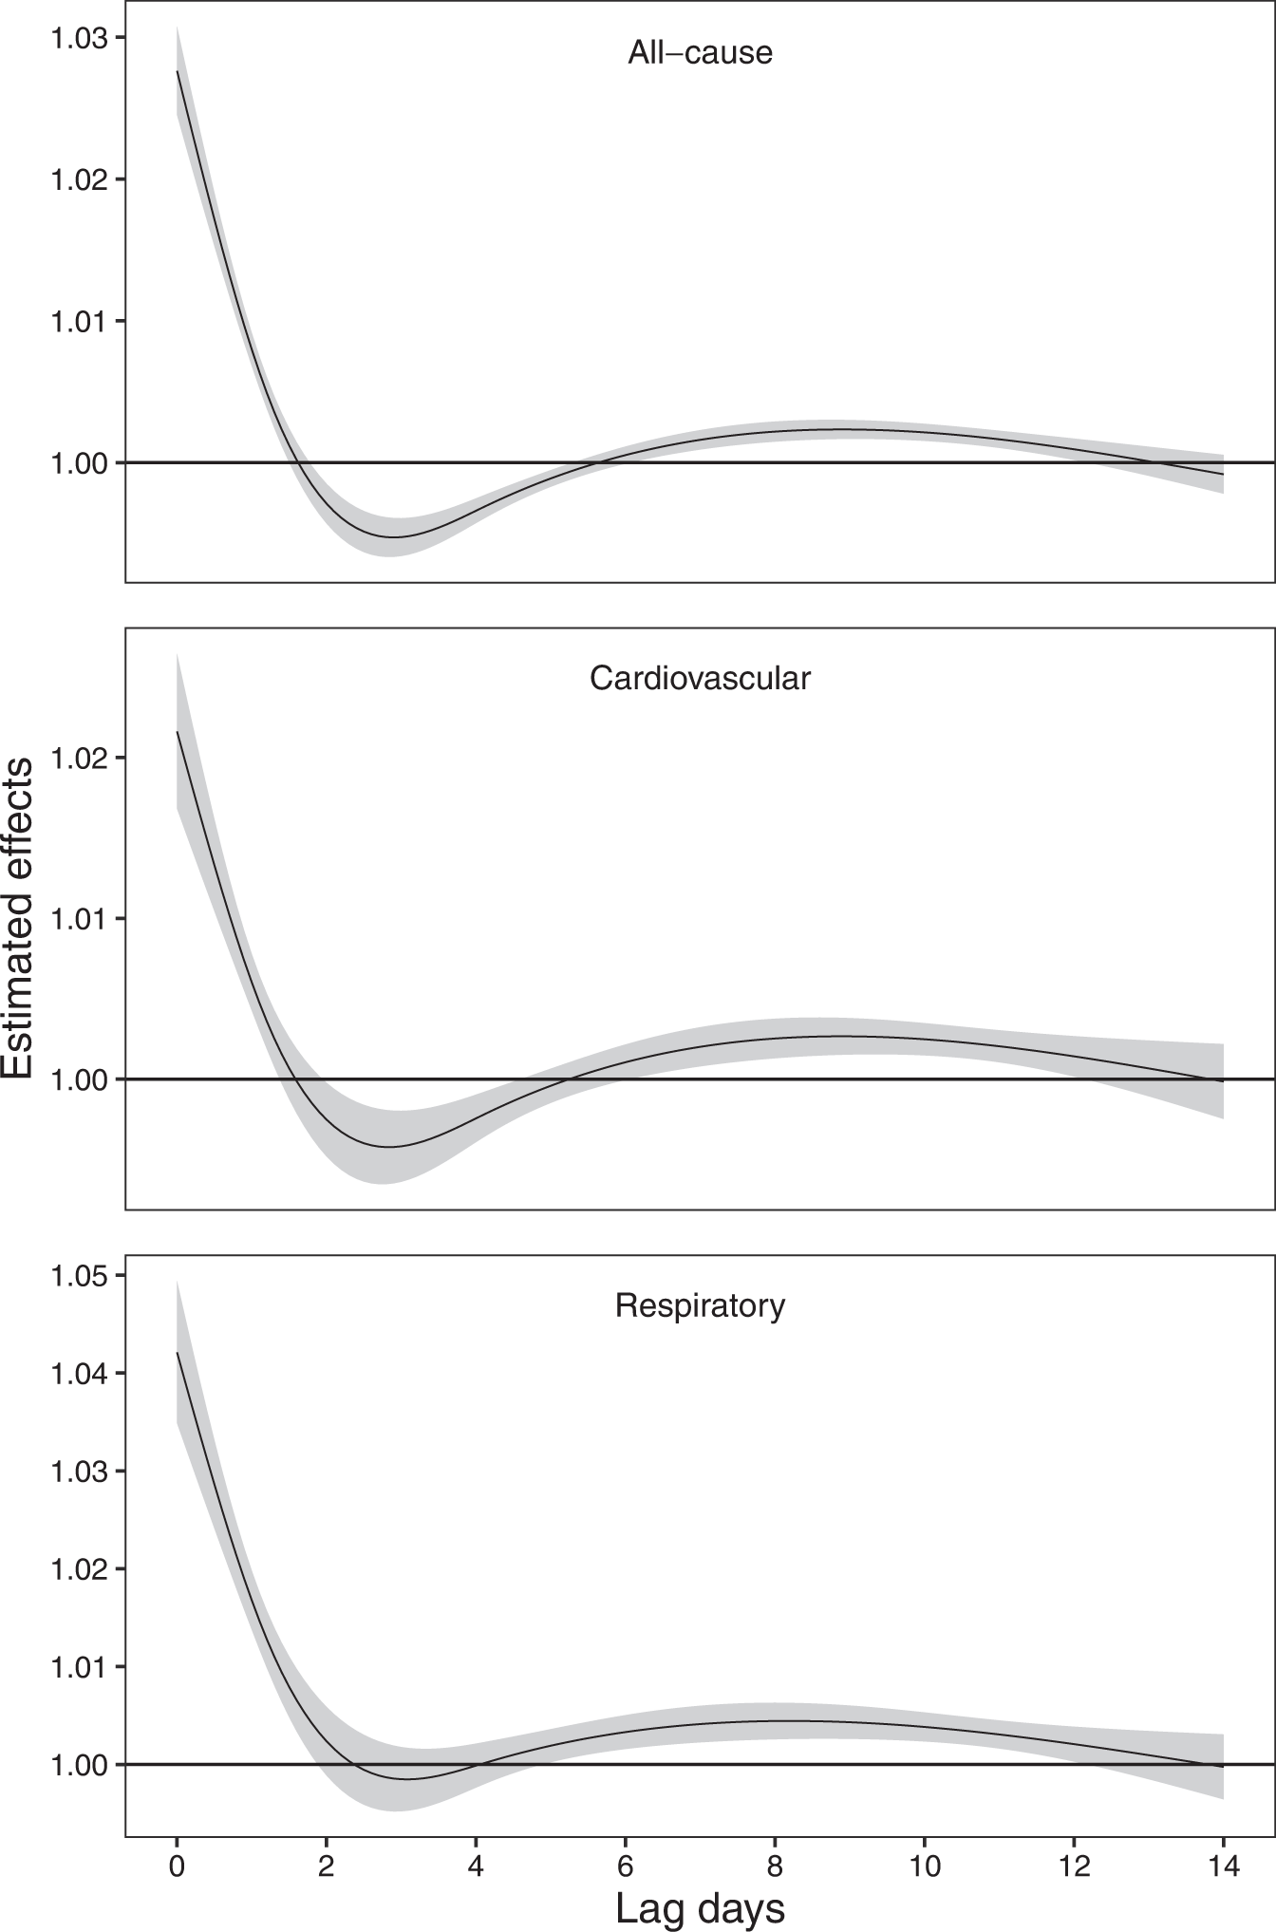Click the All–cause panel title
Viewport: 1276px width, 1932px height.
700,52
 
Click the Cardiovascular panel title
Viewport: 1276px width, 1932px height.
700,678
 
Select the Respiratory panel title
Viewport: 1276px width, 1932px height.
700,1305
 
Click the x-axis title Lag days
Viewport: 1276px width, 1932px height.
700,1906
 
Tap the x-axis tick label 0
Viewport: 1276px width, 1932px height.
177,1866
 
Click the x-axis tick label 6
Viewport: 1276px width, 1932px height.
625,1866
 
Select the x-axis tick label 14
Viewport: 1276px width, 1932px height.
1223,1866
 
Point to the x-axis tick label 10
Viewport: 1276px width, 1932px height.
924,1866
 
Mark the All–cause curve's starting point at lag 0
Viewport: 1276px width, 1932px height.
178,70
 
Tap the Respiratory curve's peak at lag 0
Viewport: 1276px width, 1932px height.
178,1353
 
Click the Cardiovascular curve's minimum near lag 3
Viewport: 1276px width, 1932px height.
387,1147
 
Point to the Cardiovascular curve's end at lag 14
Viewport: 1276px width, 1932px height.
1223,1080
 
